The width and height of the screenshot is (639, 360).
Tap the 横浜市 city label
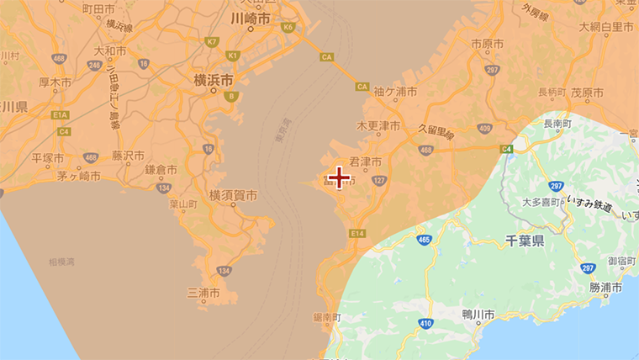coord(213,81)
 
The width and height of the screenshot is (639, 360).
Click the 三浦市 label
coord(203,294)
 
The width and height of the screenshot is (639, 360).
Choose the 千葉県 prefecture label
coord(525,241)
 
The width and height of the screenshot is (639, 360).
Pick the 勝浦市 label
coord(605,288)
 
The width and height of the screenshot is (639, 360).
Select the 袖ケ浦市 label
coord(395,91)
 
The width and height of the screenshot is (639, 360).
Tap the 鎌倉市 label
coord(161,170)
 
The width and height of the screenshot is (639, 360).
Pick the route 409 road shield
coord(483,128)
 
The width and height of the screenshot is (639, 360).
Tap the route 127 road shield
coord(380,181)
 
